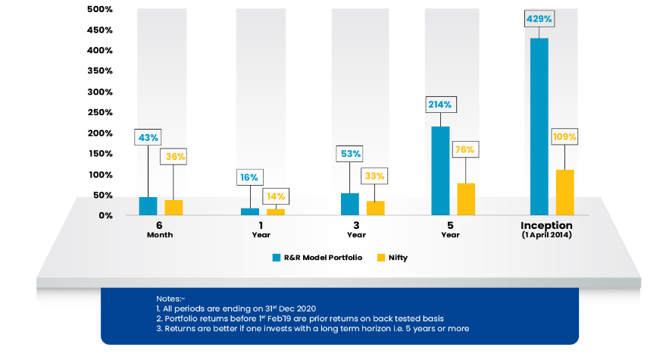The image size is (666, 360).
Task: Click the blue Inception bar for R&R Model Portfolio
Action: coord(539,127)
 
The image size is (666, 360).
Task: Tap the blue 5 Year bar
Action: coord(440,171)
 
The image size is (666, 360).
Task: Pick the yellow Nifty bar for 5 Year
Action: coord(466,199)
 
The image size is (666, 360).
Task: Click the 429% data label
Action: coord(539,17)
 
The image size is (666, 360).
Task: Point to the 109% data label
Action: coord(564,137)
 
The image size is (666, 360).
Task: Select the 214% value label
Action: coord(440,105)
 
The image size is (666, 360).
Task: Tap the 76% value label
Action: coord(465,149)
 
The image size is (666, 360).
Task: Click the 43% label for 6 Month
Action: coord(147,137)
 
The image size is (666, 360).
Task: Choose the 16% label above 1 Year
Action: coord(249,177)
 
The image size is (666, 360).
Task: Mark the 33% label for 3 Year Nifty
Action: coord(375,176)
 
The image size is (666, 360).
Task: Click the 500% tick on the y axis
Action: coord(99,10)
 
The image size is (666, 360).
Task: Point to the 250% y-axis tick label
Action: coord(99,112)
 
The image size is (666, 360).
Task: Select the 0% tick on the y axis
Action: coord(105,215)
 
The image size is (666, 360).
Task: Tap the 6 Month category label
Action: coord(159,230)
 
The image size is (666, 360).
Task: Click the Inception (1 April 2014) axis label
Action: coord(546,230)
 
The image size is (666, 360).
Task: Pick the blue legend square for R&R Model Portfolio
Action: coord(277,258)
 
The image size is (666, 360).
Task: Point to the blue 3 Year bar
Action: coord(349,204)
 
